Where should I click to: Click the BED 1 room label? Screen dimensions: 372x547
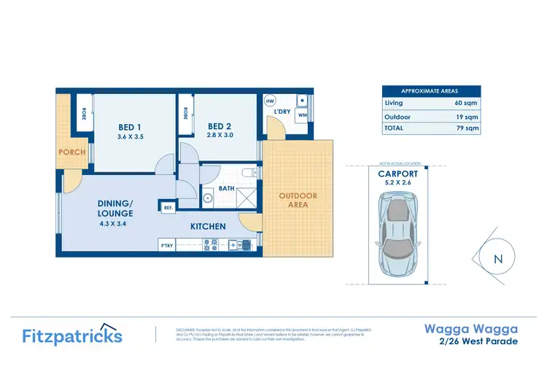pyautogui.click(x=129, y=127)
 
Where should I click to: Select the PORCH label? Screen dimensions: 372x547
pyautogui.click(x=72, y=152)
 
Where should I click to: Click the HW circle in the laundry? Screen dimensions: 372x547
pyautogui.click(x=270, y=101)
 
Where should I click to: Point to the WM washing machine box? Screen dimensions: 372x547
pyautogui.click(x=302, y=115)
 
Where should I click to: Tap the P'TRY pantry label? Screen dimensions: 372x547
pyautogui.click(x=167, y=245)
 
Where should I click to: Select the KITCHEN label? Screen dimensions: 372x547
pyautogui.click(x=208, y=227)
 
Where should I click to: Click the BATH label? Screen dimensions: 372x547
pyautogui.click(x=225, y=188)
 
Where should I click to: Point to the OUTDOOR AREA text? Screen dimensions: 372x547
pyautogui.click(x=298, y=200)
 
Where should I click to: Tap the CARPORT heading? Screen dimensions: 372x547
pyautogui.click(x=397, y=174)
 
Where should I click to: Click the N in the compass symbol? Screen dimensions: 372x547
pyautogui.click(x=498, y=259)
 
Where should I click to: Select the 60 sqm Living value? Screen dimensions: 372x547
pyautogui.click(x=466, y=104)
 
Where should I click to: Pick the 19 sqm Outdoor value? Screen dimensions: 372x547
pyautogui.click(x=466, y=116)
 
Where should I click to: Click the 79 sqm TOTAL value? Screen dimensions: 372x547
pyautogui.click(x=466, y=128)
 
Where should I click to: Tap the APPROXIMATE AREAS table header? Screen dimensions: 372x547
pyautogui.click(x=431, y=90)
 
